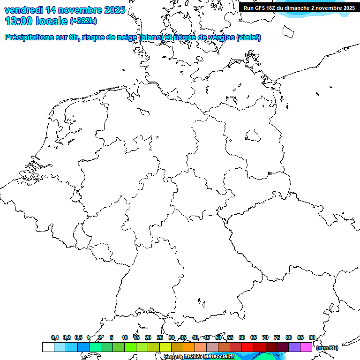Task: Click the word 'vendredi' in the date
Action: click(x=24, y=9)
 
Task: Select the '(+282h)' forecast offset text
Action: click(x=83, y=21)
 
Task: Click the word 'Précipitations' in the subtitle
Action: click(x=29, y=37)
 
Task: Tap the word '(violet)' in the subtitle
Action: click(x=249, y=37)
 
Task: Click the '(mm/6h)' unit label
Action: click(x=327, y=348)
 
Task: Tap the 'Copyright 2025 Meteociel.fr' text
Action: click(x=199, y=357)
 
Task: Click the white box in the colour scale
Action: click(x=48, y=347)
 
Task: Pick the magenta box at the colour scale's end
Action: click(x=306, y=347)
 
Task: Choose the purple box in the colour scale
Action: click(x=294, y=347)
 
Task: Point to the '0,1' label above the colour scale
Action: click(x=55, y=337)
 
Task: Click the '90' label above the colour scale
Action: click(x=312, y=337)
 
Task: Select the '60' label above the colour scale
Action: click(x=242, y=337)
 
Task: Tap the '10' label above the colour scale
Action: click(x=125, y=337)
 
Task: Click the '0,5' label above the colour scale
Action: click(x=79, y=337)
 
